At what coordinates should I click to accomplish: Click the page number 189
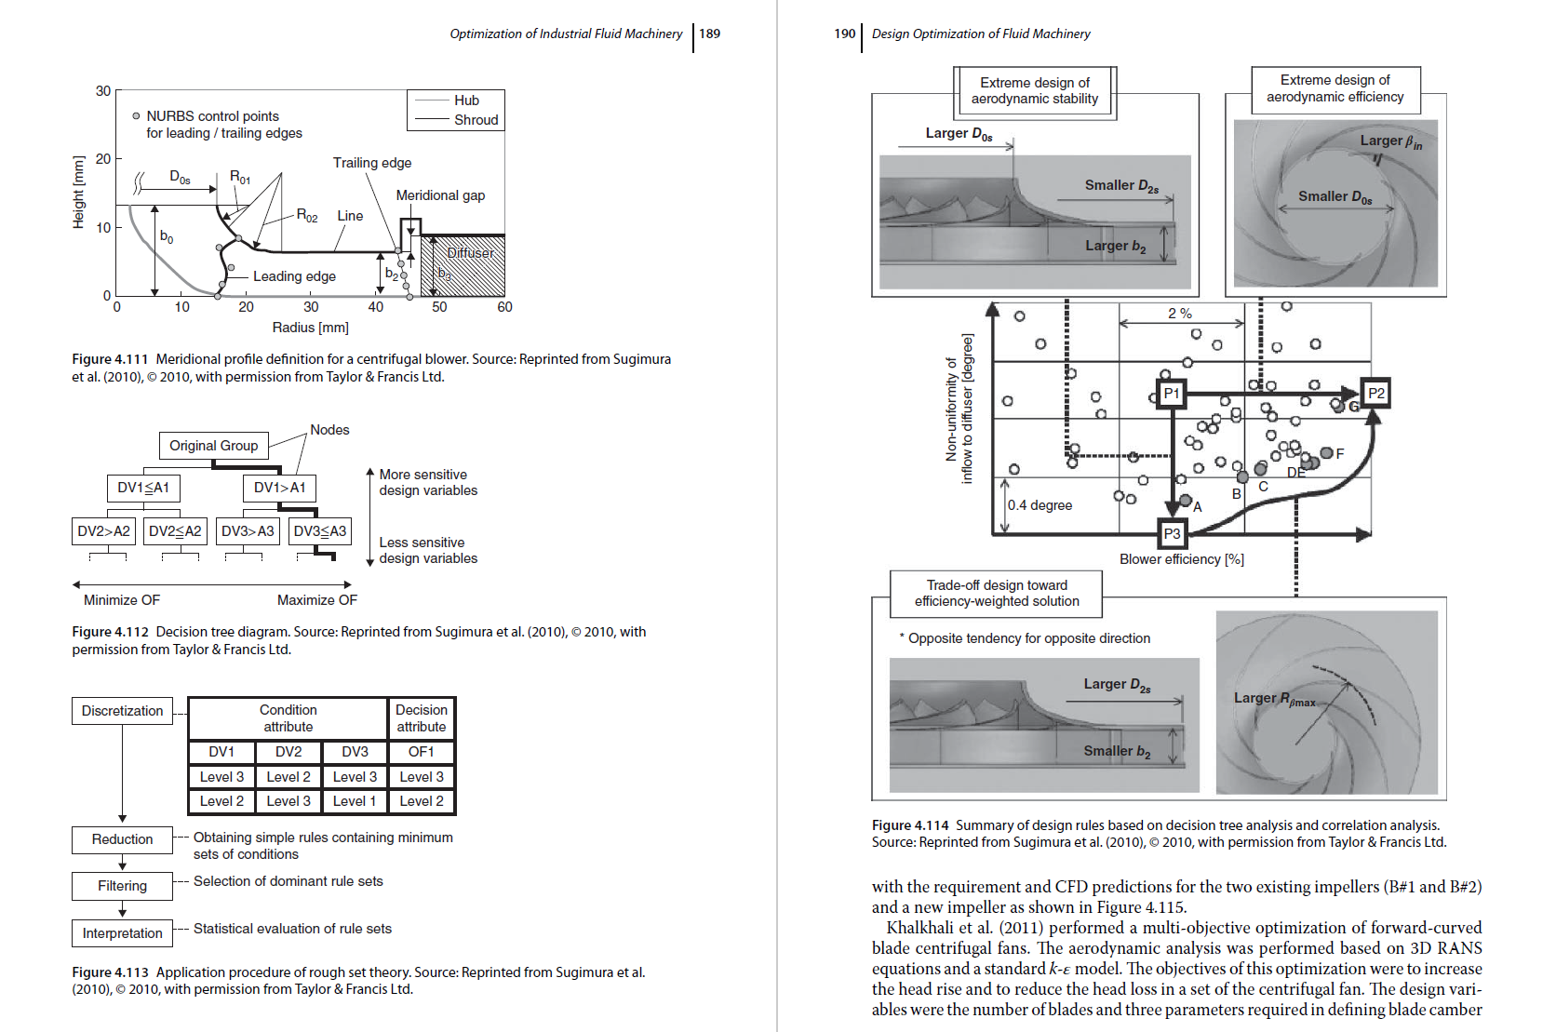[x=709, y=34]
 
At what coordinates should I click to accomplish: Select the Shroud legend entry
[x=476, y=119]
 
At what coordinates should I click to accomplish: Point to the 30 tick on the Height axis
[x=102, y=91]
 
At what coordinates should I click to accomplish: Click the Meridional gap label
[x=440, y=195]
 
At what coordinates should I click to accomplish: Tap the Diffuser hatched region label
[x=470, y=253]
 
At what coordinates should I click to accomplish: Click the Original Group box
[x=213, y=446]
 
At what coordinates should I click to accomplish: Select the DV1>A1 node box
[x=279, y=488]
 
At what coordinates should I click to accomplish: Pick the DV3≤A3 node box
[x=319, y=531]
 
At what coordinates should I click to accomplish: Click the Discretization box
[x=122, y=711]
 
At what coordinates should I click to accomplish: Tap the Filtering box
[x=122, y=886]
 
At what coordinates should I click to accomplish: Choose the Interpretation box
[x=122, y=933]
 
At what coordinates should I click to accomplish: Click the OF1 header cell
[x=421, y=752]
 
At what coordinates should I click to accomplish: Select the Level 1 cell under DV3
[x=355, y=801]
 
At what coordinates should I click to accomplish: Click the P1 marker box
[x=1171, y=394]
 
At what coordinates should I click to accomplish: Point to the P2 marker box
[x=1375, y=394]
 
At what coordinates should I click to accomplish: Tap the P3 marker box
[x=1172, y=533]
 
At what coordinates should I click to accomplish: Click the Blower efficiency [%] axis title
[x=1181, y=559]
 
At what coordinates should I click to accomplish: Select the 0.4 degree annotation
[x=1040, y=505]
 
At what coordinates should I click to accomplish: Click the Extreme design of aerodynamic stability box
[x=1034, y=91]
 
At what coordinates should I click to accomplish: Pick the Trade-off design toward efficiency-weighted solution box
[x=996, y=594]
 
